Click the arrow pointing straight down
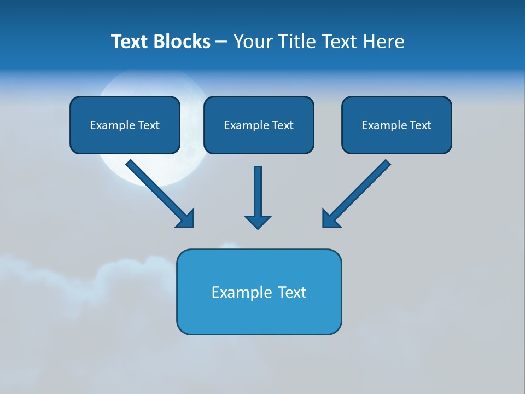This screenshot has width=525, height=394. point(258,192)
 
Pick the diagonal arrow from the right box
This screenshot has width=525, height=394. point(361,189)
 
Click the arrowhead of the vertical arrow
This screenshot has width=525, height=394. point(258,222)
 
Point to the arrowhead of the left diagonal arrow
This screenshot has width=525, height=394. point(186,219)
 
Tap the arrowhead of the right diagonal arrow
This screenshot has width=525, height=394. point(330,219)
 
